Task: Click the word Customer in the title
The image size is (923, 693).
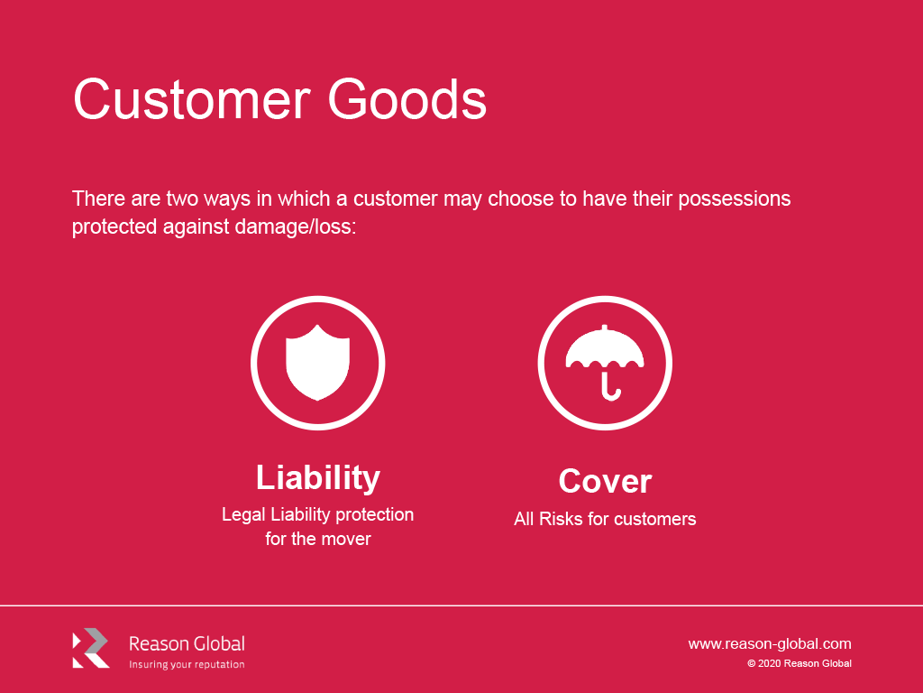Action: pyautogui.click(x=192, y=99)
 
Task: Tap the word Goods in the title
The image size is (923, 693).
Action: pyautogui.click(x=407, y=99)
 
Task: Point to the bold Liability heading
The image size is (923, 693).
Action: pyautogui.click(x=318, y=478)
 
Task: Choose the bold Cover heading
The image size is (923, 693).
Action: pyautogui.click(x=605, y=481)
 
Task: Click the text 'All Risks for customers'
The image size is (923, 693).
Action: pyautogui.click(x=605, y=519)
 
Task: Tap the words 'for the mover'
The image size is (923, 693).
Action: pyautogui.click(x=318, y=539)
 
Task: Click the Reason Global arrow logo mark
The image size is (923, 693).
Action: pyautogui.click(x=91, y=648)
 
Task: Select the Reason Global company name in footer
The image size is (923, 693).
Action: pyautogui.click(x=187, y=643)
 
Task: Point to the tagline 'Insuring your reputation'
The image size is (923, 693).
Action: pyautogui.click(x=187, y=665)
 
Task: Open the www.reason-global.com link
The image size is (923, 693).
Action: pyautogui.click(x=770, y=644)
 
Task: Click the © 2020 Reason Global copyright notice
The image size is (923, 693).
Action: pyautogui.click(x=800, y=663)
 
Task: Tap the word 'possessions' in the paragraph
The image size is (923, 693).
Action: pyautogui.click(x=734, y=199)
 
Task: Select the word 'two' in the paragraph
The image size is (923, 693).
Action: pyautogui.click(x=182, y=199)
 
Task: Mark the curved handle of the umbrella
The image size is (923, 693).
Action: pyautogui.click(x=610, y=388)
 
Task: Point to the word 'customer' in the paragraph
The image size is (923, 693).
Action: pyautogui.click(x=396, y=199)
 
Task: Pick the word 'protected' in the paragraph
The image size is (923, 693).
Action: pyautogui.click(x=114, y=226)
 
